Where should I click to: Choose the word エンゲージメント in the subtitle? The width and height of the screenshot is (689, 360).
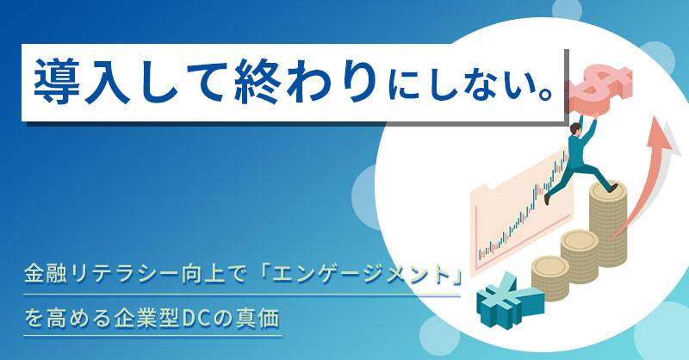361,277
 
